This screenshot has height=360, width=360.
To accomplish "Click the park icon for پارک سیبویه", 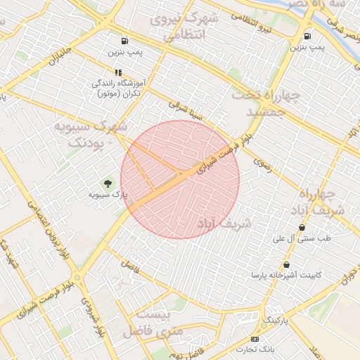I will pyautogui.click(x=108, y=183).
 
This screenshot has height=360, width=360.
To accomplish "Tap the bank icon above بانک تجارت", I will pyautogui.click(x=255, y=340).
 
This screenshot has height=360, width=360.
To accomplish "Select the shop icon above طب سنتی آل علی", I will pyautogui.click(x=302, y=227).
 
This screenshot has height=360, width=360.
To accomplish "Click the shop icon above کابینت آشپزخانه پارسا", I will pyautogui.click(x=286, y=264).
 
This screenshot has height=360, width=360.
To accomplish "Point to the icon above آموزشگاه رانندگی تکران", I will pyautogui.click(x=118, y=72).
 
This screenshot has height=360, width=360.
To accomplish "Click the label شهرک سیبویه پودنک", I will pyautogui.click(x=91, y=134).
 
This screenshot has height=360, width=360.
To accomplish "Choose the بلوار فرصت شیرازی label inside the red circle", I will pyautogui.click(x=223, y=155).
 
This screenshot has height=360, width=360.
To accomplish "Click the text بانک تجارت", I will pyautogui.click(x=254, y=349).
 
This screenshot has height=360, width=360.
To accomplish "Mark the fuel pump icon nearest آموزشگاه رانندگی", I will pyautogui.click(x=124, y=41).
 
